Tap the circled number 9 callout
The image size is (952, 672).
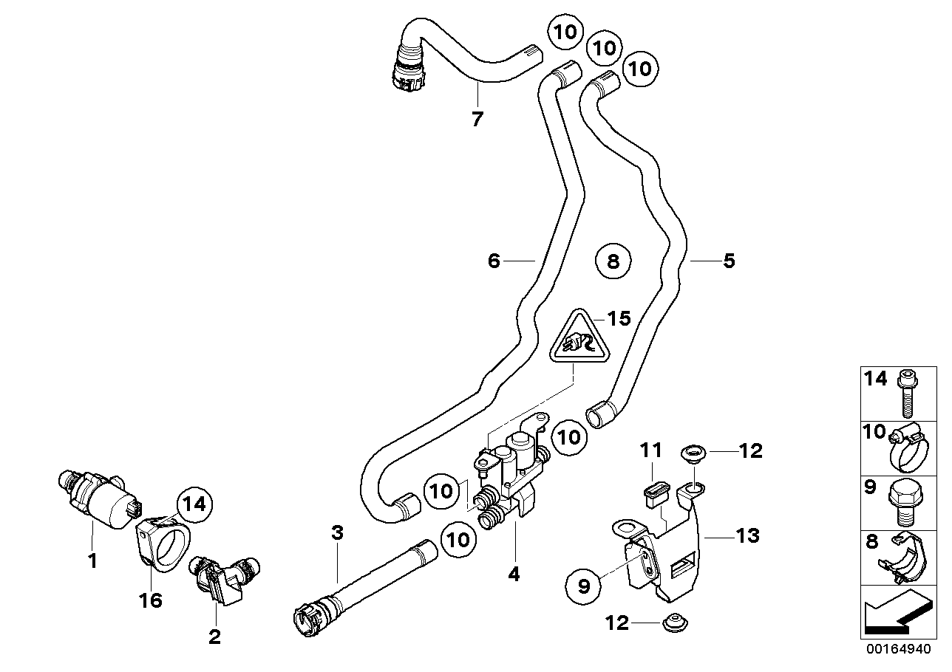[585, 587]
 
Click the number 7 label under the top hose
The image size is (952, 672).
[477, 118]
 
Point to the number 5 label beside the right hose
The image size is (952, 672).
[729, 261]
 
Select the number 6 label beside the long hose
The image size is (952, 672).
[494, 261]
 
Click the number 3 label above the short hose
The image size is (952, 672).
[337, 532]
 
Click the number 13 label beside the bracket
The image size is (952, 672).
[747, 535]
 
